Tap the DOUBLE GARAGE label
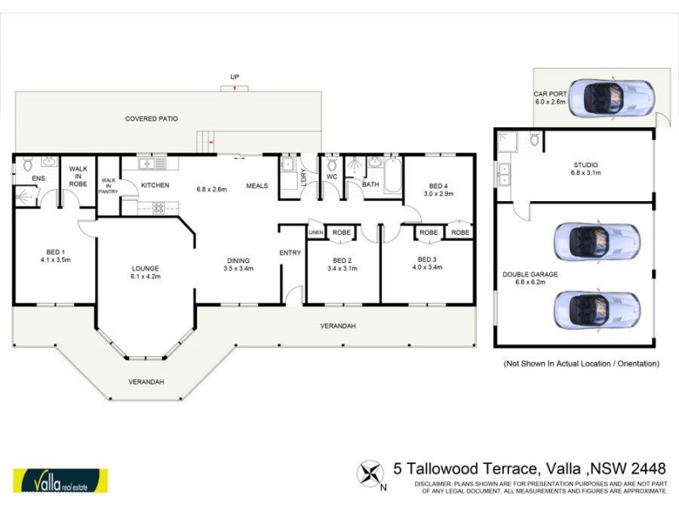click(x=528, y=273)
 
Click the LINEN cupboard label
click(x=315, y=232)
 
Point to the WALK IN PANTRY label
click(x=108, y=186)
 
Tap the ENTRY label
click(x=291, y=252)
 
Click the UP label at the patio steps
click(x=234, y=77)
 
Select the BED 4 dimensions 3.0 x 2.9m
click(x=437, y=193)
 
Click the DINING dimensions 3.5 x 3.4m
click(x=238, y=269)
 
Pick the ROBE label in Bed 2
click(x=342, y=232)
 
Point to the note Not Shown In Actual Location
click(x=581, y=363)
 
